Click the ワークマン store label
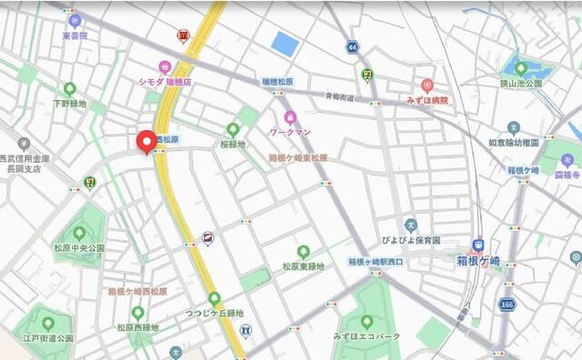coord(290,132)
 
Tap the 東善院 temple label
coord(75,35)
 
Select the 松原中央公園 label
coord(79,247)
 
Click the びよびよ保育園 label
coord(410,240)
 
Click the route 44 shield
coord(352,45)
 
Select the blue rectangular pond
coord(285,44)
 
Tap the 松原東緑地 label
coord(303,266)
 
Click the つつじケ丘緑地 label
coord(215,313)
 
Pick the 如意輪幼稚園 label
coord(514,142)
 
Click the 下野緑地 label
coord(69,104)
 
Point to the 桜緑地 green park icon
coord(244,128)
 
